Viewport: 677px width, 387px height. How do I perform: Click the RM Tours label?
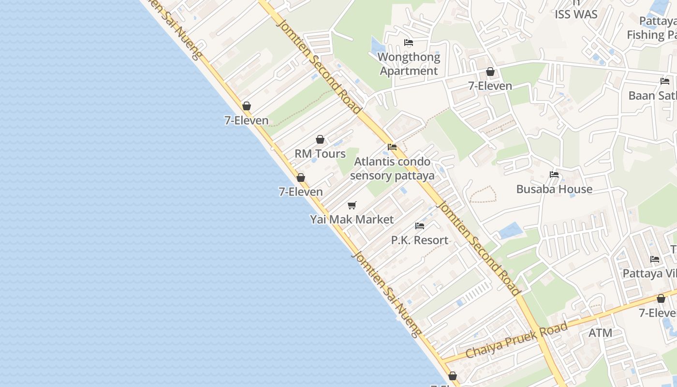[x=320, y=154]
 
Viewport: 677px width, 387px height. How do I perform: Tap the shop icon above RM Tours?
[x=320, y=140]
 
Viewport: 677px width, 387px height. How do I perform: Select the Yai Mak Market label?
[x=352, y=220]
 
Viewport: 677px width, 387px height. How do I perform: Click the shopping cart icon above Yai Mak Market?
[x=352, y=205]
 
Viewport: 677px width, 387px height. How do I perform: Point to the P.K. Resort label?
[x=419, y=240]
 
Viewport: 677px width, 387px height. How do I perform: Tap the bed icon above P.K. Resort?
[x=420, y=226]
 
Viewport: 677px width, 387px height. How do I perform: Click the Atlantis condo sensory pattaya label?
[x=392, y=168]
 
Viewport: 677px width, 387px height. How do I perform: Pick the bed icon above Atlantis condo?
[x=392, y=147]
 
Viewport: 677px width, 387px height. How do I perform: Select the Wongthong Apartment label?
[x=409, y=64]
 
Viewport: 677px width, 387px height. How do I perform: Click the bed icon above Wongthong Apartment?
[x=409, y=43]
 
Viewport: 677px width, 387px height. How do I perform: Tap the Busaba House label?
[x=554, y=189]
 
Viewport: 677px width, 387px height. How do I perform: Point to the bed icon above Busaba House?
[x=554, y=175]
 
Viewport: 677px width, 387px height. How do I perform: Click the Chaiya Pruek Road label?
[x=516, y=341]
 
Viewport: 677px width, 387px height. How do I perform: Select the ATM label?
[x=600, y=333]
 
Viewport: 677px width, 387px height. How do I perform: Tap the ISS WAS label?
[x=576, y=15]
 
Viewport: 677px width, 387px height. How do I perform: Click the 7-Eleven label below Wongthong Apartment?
[x=490, y=86]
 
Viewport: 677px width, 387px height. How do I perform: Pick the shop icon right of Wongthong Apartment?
[x=490, y=72]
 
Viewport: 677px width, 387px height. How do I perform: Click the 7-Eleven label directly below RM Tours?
[x=301, y=192]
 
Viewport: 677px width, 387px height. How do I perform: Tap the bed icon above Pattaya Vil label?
[x=655, y=259]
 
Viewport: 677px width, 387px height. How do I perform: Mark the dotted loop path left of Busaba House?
[x=483, y=194]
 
